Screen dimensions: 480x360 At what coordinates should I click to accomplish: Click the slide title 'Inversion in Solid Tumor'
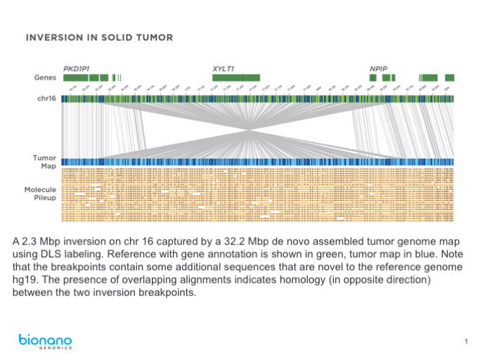point(98,37)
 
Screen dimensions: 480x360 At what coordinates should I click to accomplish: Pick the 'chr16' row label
point(46,98)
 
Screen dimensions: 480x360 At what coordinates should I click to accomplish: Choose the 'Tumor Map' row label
point(44,162)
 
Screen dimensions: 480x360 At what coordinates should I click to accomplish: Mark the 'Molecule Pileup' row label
point(40,193)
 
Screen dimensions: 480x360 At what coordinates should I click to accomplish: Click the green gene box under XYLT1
point(236,77)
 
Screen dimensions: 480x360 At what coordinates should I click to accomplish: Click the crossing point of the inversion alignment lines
point(249,130)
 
